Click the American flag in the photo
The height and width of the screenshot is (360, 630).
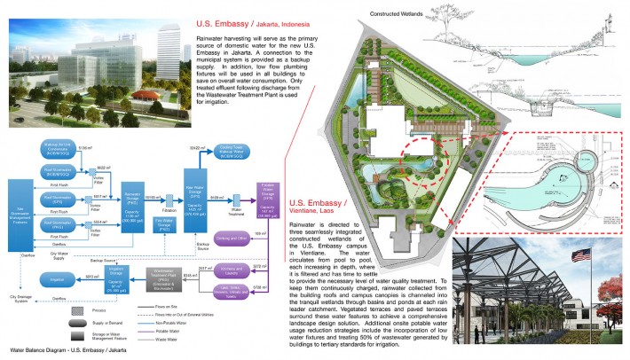(581, 259)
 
